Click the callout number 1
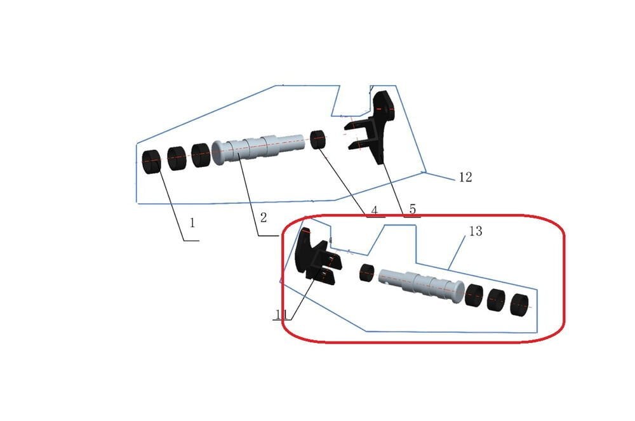[x=192, y=223]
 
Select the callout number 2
[x=264, y=218]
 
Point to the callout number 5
[x=412, y=210]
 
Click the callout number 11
[x=281, y=314]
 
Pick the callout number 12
[x=465, y=177]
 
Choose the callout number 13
[x=476, y=231]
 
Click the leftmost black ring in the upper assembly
[x=152, y=162]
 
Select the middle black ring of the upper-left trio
[x=177, y=158]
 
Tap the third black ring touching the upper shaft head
[x=201, y=155]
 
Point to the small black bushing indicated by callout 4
[x=318, y=139]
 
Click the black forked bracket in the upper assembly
[x=373, y=128]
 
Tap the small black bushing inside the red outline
[x=367, y=273]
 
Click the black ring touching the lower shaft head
[x=475, y=295]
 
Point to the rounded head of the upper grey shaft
[x=218, y=152]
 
